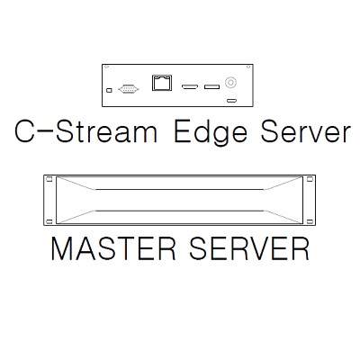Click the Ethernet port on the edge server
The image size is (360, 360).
pyautogui.click(x=162, y=83)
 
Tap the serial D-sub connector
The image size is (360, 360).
pyautogui.click(x=129, y=89)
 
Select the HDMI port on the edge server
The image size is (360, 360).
pyautogui.click(x=190, y=87)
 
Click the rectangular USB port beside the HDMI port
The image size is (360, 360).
pyautogui.click(x=211, y=87)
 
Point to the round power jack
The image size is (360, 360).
pyautogui.click(x=230, y=82)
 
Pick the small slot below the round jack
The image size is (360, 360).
pyautogui.click(x=231, y=100)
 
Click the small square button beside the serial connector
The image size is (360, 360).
pyautogui.click(x=109, y=90)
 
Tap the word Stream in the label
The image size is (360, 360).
pyautogui.click(x=106, y=131)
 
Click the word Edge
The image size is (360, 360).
pyautogui.click(x=211, y=133)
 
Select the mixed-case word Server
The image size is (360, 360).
pyautogui.click(x=305, y=131)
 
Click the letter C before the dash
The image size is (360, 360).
pyautogui.click(x=24, y=131)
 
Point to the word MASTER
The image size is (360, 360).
pyautogui.click(x=113, y=248)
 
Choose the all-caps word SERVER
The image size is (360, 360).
pyautogui.click(x=249, y=248)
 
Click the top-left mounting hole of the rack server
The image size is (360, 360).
pyautogui.click(x=49, y=179)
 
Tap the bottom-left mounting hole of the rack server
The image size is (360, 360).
pyautogui.click(x=49, y=222)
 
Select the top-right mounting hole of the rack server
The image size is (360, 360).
pyautogui.click(x=310, y=179)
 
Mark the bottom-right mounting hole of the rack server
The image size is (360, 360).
pyautogui.click(x=310, y=222)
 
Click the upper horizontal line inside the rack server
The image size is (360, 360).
pyautogui.click(x=180, y=189)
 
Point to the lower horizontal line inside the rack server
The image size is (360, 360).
pyautogui.click(x=180, y=211)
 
